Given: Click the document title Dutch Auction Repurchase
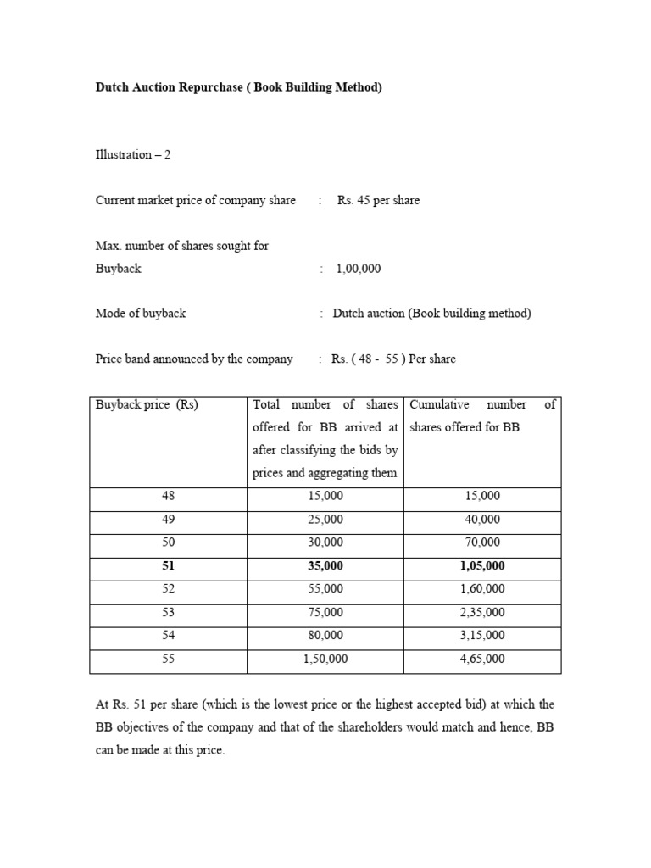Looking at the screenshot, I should point(239,87).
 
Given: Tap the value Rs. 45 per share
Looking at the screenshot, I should point(378,201).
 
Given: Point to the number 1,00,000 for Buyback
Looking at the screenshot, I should point(359,269).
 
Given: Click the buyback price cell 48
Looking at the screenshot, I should point(168,496).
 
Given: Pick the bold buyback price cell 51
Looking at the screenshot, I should point(168,565).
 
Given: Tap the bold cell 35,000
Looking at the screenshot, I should point(325,565).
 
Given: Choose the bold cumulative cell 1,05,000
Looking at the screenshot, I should point(481,565).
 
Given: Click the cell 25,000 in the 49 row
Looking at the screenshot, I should point(325,519).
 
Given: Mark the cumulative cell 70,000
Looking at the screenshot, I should point(481,542).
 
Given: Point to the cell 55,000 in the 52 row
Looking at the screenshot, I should point(325,588).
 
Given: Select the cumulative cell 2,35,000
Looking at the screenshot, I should point(481,612).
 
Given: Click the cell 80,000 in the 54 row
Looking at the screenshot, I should point(325,635).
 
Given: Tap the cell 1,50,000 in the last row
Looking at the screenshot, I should point(325,659).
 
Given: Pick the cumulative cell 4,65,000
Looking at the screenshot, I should point(481,659).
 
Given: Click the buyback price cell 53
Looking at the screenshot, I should point(168,612).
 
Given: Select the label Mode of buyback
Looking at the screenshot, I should point(141,314).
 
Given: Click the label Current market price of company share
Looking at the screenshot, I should point(196,201).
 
